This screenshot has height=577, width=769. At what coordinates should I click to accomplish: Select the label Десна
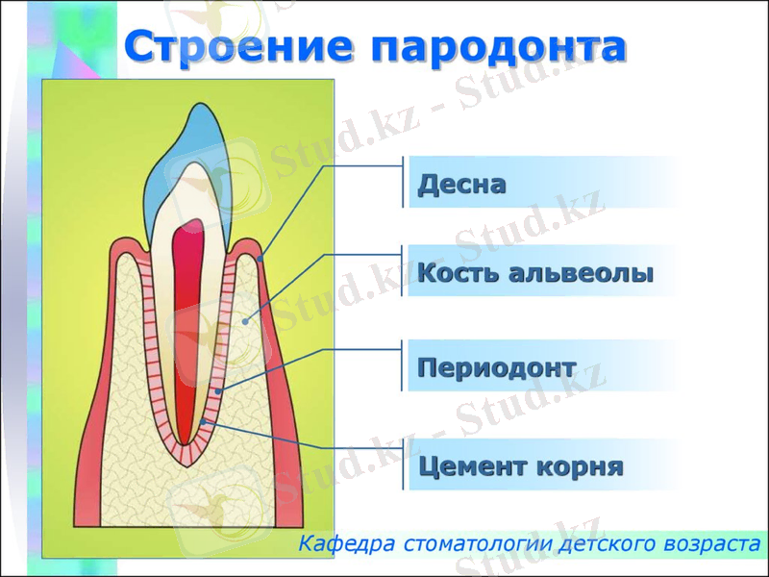[x=461, y=184]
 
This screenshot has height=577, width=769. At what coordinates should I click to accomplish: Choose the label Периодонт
[x=496, y=367]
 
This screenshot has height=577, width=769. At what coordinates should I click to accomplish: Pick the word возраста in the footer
[x=710, y=543]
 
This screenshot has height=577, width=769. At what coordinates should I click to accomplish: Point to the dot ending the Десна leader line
[x=260, y=258]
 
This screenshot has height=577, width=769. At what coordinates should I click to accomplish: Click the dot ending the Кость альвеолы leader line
[x=247, y=322]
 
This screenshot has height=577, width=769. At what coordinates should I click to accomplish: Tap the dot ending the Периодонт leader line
[x=219, y=391]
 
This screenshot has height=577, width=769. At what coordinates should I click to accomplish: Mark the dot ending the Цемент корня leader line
[x=204, y=423]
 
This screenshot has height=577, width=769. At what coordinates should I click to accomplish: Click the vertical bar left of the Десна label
[x=403, y=183]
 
